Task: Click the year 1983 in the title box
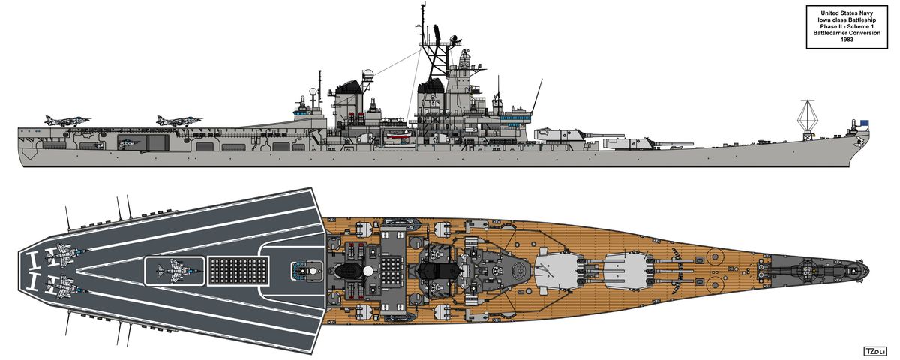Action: click(847, 40)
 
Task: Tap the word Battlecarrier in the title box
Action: click(832, 33)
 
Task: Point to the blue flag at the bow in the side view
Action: click(863, 123)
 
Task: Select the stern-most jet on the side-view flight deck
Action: click(67, 121)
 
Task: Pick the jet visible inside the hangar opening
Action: click(128, 142)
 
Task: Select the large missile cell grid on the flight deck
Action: click(238, 271)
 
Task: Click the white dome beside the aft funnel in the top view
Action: click(367, 271)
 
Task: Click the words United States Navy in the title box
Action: click(847, 13)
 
